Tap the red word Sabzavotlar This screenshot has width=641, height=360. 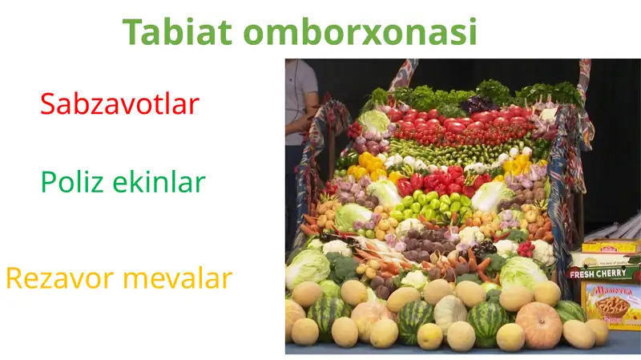[x=119, y=103]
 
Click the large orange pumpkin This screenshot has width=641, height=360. [x=538, y=325]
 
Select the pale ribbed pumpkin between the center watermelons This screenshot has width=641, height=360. [x=450, y=313]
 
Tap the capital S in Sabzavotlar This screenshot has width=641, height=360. [x=47, y=103]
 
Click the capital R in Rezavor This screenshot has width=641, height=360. [x=14, y=279]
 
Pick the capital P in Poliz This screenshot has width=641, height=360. [x=47, y=182]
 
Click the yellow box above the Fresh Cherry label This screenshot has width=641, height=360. [x=611, y=246]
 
